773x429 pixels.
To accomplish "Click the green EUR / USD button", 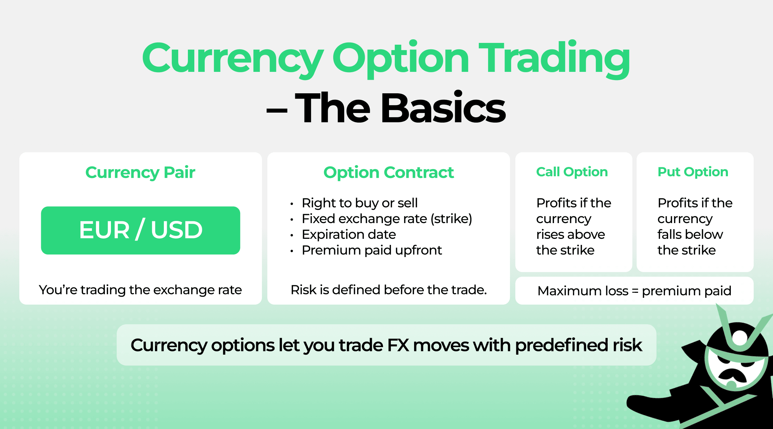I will click(140, 230).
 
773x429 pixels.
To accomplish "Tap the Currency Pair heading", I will click(140, 172).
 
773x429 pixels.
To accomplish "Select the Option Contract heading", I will click(388, 172).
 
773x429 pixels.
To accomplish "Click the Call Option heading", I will click(572, 172).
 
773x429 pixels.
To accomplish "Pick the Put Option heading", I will click(693, 172).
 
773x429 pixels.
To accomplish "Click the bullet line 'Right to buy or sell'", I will click(359, 203).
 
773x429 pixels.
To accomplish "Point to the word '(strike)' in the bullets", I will click(451, 219).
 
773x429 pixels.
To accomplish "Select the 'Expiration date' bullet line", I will click(349, 235).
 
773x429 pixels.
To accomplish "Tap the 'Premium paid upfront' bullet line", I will click(371, 250).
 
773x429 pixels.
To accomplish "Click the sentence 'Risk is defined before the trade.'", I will click(389, 290).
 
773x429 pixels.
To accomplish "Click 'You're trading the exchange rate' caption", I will click(140, 290).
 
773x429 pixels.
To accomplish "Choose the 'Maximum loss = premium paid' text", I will click(634, 291).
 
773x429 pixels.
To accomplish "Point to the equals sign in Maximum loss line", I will click(635, 291).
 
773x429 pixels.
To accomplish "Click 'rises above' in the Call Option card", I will click(570, 235).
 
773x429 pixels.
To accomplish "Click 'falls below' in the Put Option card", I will click(690, 235).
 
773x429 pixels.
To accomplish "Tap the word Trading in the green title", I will click(554, 59).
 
